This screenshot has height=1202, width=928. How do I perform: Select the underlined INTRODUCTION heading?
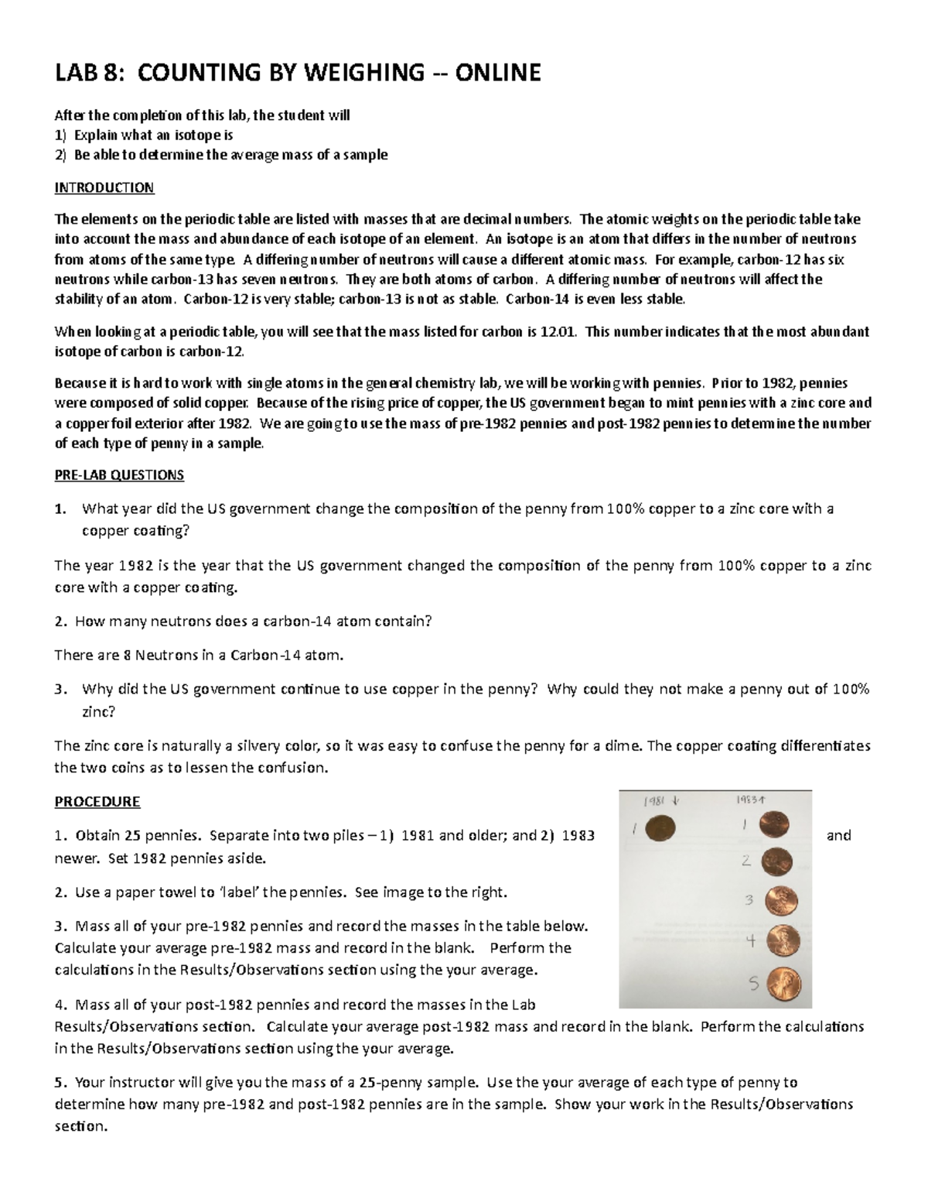(104, 187)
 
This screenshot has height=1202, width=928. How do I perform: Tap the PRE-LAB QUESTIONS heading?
(119, 474)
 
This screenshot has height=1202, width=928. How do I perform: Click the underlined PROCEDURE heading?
(97, 801)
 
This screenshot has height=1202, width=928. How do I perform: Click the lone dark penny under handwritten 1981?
(660, 828)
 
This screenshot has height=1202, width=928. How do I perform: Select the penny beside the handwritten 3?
(781, 901)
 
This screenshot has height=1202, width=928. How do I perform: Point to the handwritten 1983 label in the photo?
(749, 800)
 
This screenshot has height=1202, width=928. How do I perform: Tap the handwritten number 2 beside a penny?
(746, 860)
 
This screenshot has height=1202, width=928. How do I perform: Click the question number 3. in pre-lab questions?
(61, 689)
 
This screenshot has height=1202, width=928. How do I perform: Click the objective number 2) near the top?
(60, 155)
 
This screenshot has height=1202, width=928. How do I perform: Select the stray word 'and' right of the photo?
(839, 835)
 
